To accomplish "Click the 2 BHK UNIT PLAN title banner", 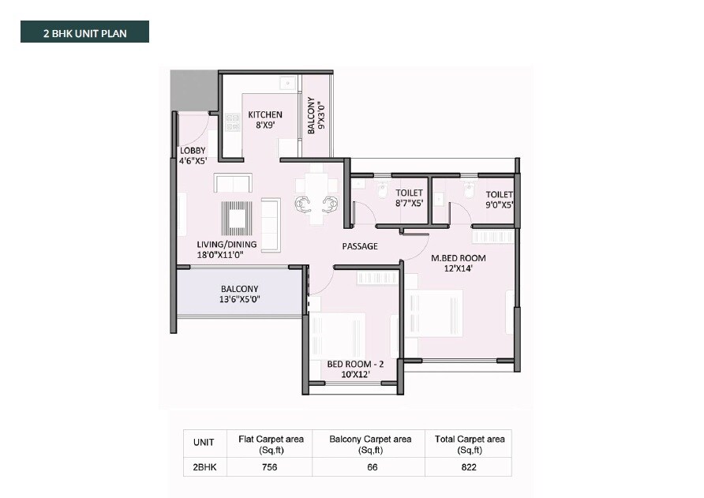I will (x=84, y=32).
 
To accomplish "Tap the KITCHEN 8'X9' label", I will (x=264, y=120).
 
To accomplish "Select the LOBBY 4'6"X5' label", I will (x=193, y=155).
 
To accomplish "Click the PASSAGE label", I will (x=359, y=246).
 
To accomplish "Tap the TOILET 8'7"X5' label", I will (x=409, y=197).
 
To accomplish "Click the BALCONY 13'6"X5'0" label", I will (x=239, y=294).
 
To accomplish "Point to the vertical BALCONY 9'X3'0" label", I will (x=316, y=115).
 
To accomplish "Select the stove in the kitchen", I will (x=232, y=122).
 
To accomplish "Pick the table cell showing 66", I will (x=368, y=468).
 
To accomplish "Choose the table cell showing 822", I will (x=469, y=468).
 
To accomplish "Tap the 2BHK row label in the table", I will (x=204, y=468).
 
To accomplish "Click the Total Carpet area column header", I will (x=469, y=444).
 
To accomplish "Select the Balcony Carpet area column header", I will (x=368, y=444).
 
